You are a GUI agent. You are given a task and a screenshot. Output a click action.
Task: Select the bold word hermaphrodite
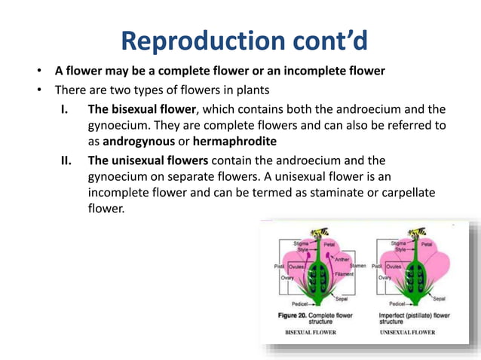pyautogui.click(x=234, y=142)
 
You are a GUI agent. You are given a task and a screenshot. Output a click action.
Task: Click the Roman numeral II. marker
pyautogui.click(x=68, y=160)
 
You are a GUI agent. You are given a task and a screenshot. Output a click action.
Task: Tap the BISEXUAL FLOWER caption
pyautogui.click(x=310, y=332)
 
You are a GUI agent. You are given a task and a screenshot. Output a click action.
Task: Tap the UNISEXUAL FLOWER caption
pyautogui.click(x=408, y=332)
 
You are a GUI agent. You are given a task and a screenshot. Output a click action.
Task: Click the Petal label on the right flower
pyautogui.click(x=427, y=244)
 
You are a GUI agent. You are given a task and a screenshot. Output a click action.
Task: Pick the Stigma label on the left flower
pyautogui.click(x=302, y=243)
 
